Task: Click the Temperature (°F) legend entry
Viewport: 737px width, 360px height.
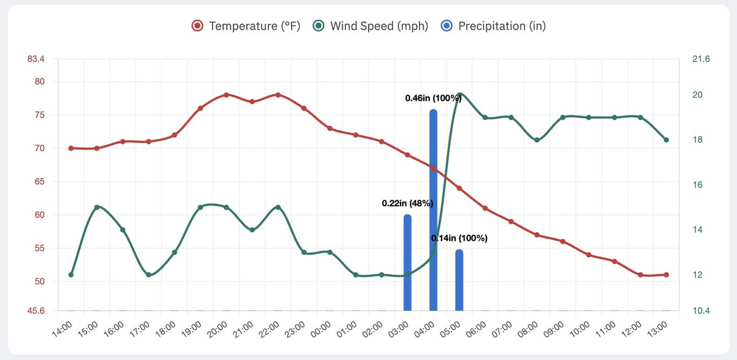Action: pyautogui.click(x=246, y=26)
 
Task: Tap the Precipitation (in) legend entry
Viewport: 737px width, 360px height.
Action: pyautogui.click(x=494, y=26)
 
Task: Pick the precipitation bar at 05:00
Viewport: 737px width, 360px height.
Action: pyautogui.click(x=459, y=280)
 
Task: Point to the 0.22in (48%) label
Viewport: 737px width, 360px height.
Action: pyautogui.click(x=408, y=203)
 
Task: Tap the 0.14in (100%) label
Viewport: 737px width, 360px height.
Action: pyautogui.click(x=459, y=238)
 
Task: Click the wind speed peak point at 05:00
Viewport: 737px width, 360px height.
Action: pyautogui.click(x=459, y=95)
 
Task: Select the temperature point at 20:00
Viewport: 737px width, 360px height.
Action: pyautogui.click(x=226, y=95)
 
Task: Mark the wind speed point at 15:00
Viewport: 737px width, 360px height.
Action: pyautogui.click(x=97, y=207)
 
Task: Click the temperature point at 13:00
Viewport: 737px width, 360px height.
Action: pyautogui.click(x=666, y=275)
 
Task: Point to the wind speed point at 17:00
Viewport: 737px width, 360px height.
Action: pyautogui.click(x=149, y=275)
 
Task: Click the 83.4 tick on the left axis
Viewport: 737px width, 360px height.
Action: pyautogui.click(x=36, y=59)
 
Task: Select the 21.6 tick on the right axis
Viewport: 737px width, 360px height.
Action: pyautogui.click(x=701, y=59)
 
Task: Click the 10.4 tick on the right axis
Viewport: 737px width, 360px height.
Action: pyautogui.click(x=701, y=311)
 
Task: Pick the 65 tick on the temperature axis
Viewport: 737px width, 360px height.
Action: pyautogui.click(x=39, y=182)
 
